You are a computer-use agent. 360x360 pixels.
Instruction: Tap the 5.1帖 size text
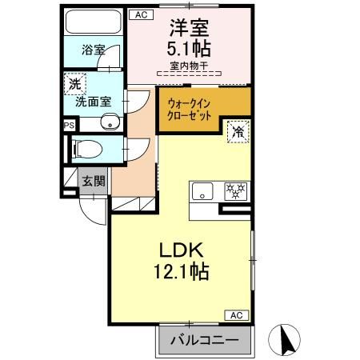point(188,49)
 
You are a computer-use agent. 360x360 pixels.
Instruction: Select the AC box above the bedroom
point(141,14)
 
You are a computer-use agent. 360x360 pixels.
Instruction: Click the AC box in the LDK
point(237,316)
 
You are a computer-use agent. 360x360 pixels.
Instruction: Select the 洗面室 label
point(93,102)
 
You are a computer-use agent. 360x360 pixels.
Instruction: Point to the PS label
point(69,125)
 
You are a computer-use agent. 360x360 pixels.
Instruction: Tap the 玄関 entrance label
point(93,181)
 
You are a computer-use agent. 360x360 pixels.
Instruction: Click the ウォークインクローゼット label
point(190,109)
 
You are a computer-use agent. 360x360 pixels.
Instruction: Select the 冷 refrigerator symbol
point(238,131)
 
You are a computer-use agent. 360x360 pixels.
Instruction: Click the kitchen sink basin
point(202,191)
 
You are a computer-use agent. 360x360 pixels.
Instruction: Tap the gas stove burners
point(235,191)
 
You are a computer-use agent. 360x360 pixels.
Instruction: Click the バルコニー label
point(204,340)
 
